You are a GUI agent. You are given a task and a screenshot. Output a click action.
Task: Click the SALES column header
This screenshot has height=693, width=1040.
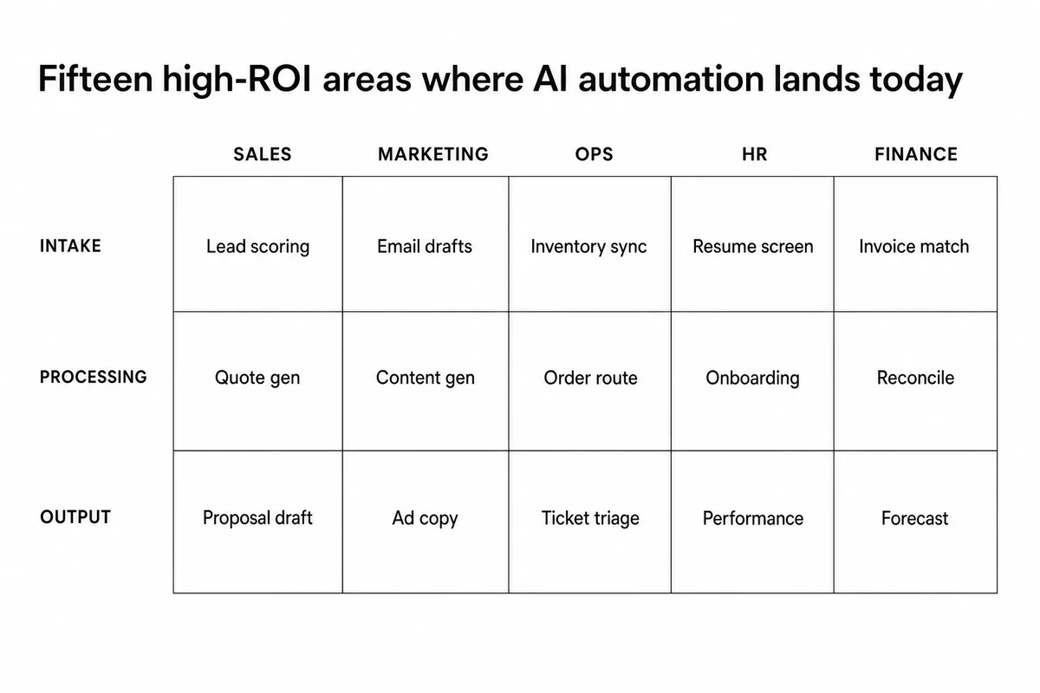point(263,154)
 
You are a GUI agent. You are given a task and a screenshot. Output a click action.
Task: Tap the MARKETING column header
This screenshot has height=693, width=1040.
point(433,154)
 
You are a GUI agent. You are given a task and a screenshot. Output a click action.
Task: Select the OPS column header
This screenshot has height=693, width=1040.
point(594,154)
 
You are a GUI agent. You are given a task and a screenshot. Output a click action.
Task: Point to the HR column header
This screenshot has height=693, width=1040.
point(755,154)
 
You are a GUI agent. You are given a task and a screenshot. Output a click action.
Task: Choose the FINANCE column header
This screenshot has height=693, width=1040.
point(916,154)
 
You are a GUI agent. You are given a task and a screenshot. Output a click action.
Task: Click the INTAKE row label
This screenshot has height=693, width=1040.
point(70,246)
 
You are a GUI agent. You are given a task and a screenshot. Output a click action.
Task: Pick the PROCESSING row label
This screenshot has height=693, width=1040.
point(93,377)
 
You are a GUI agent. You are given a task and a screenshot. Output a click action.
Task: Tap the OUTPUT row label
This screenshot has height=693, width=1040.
point(75,517)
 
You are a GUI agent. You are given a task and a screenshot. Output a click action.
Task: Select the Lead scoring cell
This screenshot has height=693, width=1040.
point(257,244)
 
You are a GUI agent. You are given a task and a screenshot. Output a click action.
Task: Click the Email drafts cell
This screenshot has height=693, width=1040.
point(426,244)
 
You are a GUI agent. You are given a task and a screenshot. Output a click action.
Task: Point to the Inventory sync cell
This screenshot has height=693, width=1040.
point(589,244)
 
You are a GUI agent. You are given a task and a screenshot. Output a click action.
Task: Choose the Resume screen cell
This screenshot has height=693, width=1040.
point(752,244)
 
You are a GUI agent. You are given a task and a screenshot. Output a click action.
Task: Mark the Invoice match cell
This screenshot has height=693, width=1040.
point(915,244)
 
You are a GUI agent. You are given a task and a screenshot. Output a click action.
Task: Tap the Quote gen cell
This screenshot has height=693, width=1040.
point(257,381)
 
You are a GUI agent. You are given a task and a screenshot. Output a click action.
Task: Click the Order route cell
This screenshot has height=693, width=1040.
point(589,381)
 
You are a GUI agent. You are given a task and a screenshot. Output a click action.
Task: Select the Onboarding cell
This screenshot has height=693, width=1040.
point(752,381)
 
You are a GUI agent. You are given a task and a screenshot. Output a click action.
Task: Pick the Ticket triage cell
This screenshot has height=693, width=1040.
point(589,521)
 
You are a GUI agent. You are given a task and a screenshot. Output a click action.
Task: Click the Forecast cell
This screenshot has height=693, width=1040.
point(915,521)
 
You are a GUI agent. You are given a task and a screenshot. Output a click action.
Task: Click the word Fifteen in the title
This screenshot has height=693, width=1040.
point(95,79)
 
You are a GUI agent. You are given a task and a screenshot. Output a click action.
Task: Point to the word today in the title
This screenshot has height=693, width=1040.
point(916,81)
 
